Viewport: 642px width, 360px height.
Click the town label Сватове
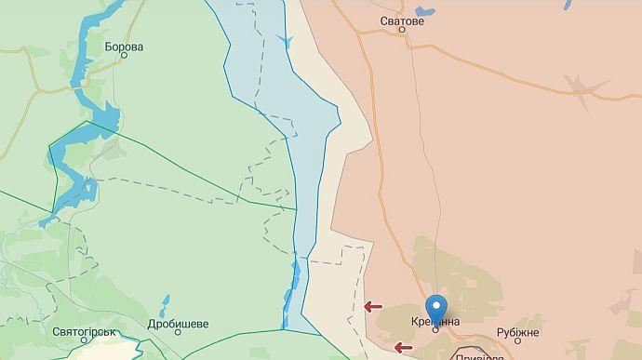(x=402, y=20)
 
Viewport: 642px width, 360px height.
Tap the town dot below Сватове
(x=402, y=30)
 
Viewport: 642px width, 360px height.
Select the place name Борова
(x=124, y=47)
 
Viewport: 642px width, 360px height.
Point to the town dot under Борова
(x=124, y=57)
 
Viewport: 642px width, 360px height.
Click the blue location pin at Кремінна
(x=435, y=307)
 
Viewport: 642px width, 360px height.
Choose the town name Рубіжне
(x=517, y=333)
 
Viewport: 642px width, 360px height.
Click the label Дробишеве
(x=178, y=325)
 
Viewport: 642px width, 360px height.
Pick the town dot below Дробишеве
(x=177, y=336)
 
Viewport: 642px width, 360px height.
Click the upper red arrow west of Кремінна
(x=373, y=306)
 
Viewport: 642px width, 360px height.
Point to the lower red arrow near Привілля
(x=404, y=348)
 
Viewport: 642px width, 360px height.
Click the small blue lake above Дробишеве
(x=165, y=303)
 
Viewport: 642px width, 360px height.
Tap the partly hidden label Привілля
(x=480, y=356)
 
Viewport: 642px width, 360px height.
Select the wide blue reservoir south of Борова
(x=104, y=121)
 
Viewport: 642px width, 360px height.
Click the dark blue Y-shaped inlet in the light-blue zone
(x=286, y=40)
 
